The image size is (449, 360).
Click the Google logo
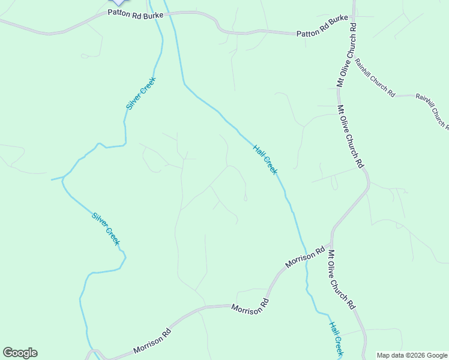(x=20, y=353)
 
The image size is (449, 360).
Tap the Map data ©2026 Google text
(x=412, y=355)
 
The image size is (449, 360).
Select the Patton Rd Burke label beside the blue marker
(x=136, y=13)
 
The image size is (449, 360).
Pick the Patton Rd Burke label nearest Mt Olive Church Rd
(x=322, y=34)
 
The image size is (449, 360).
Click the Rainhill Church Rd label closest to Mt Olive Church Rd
(x=374, y=77)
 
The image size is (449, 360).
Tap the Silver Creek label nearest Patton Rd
(x=141, y=93)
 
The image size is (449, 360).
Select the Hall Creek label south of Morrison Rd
(x=336, y=338)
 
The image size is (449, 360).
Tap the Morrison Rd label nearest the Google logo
(x=152, y=341)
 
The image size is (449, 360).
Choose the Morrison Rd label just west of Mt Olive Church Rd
(x=305, y=257)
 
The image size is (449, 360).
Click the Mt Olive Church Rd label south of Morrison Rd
(x=341, y=279)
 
